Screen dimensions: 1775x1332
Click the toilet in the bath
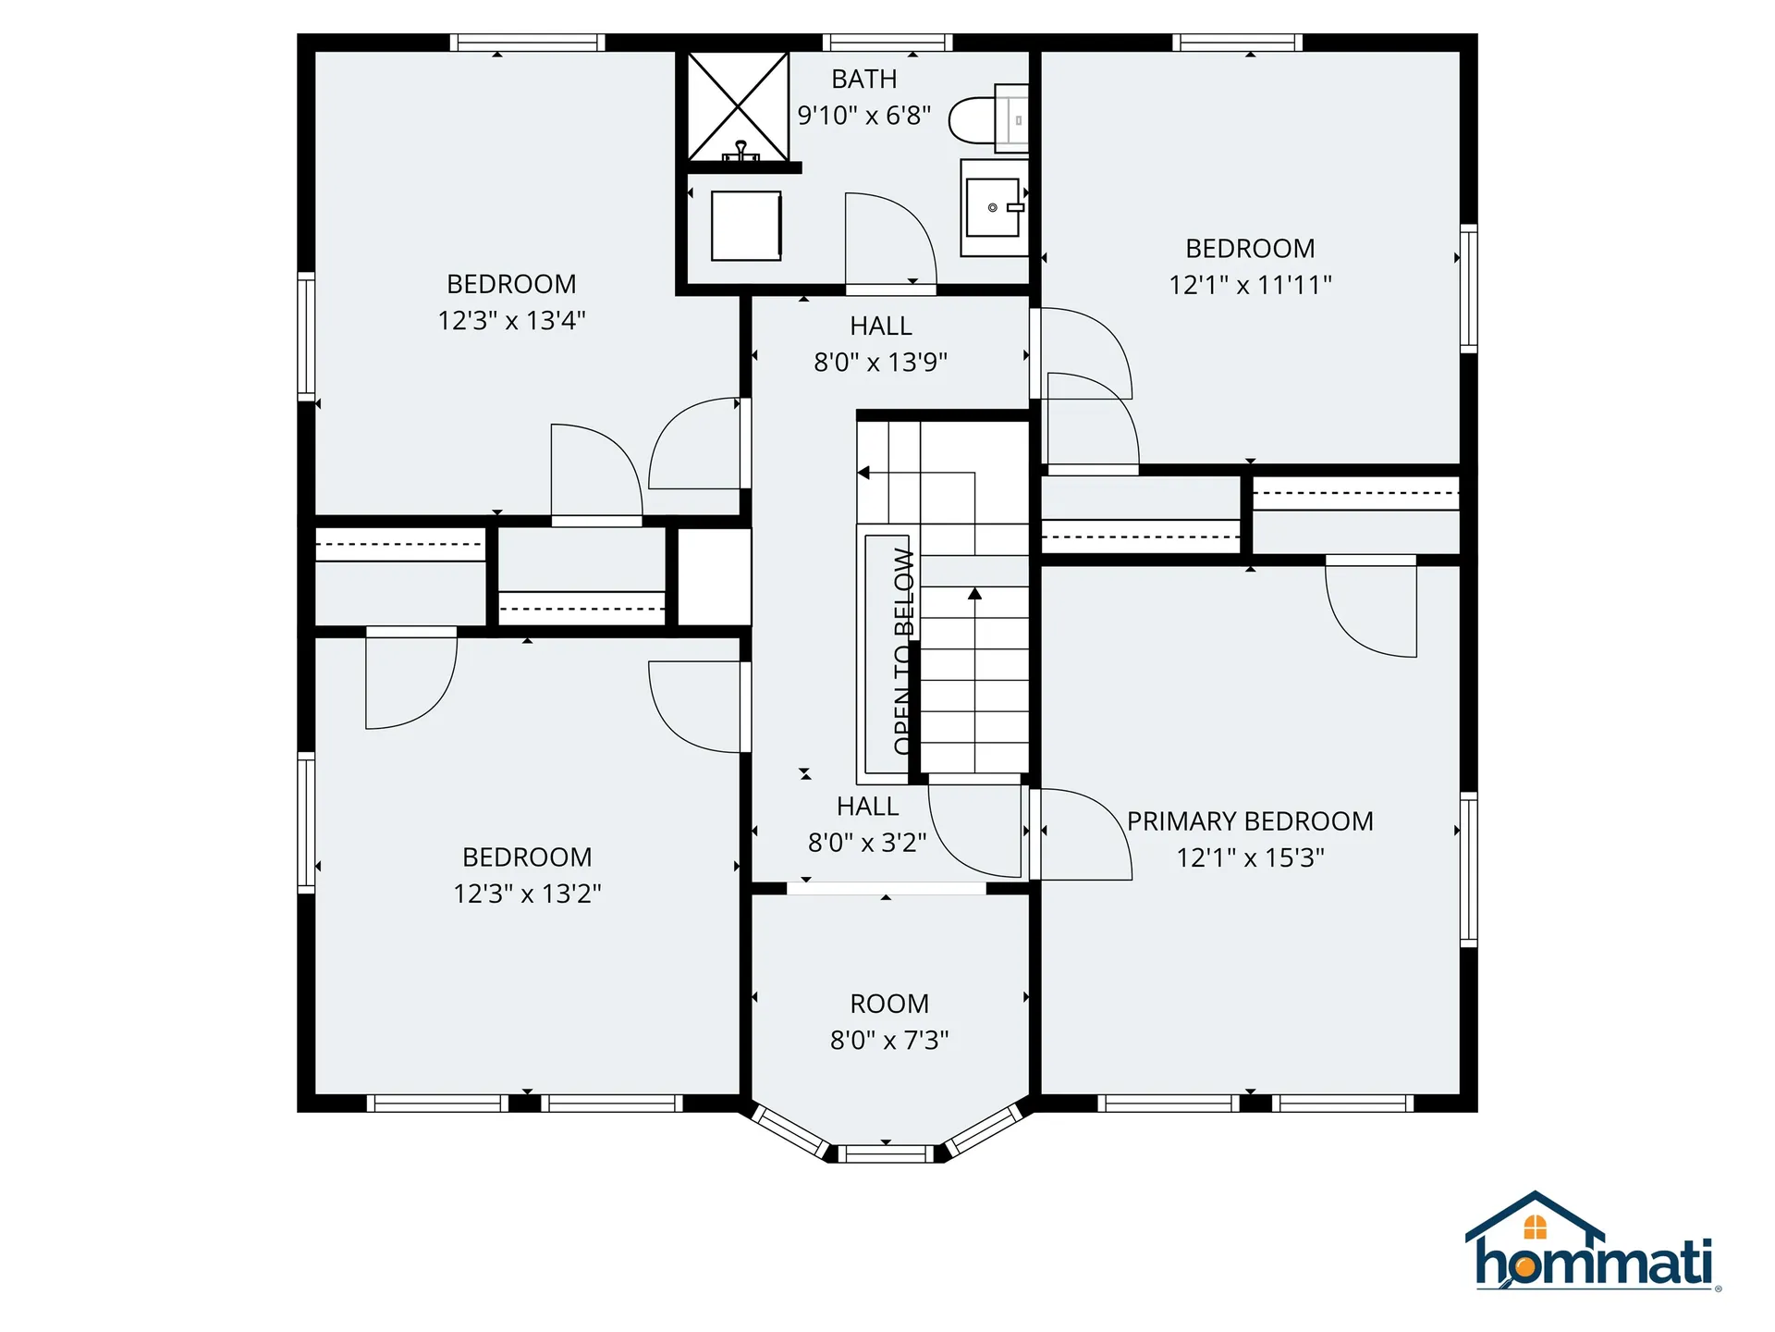pos(988,119)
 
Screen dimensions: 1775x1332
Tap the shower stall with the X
pos(738,106)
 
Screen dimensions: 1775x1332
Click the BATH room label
pos(864,80)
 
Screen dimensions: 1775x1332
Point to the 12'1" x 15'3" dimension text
pos(1250,858)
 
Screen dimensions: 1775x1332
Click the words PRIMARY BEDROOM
pos(1250,821)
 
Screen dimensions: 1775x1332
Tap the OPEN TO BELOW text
pos(904,651)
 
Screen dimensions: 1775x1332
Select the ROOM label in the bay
pos(889,1004)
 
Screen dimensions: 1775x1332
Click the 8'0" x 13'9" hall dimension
pos(880,363)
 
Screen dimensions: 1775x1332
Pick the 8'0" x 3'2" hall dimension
pos(867,843)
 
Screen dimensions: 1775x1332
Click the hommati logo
pos(1593,1241)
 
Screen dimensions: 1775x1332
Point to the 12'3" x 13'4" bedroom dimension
pos(511,321)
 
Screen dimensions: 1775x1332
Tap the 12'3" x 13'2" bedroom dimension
pos(527,894)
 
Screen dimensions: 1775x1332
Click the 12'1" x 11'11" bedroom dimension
pos(1250,285)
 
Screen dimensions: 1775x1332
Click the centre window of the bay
pos(886,1153)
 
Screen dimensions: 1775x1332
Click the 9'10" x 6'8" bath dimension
pos(864,116)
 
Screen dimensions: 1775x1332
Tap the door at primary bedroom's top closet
pos(1371,607)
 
